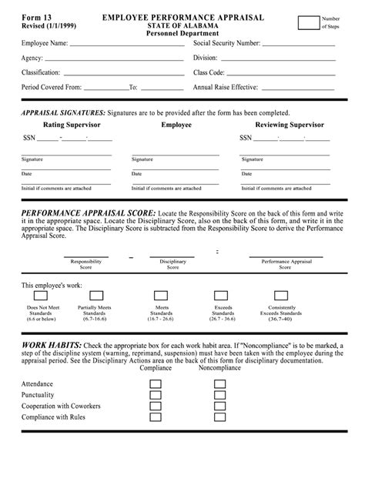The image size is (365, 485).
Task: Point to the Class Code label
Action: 212,72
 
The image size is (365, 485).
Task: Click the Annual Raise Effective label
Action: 225,87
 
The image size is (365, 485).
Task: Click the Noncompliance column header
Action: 221,368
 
